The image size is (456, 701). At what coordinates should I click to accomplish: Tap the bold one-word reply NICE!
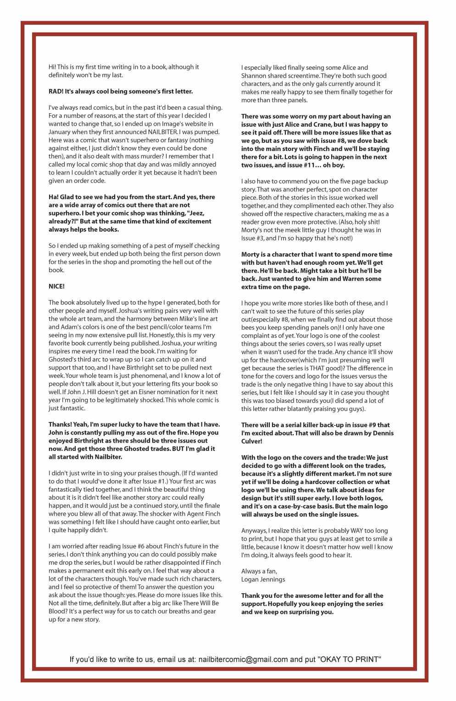[x=56, y=286]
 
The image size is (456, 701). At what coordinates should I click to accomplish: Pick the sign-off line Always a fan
[x=259, y=571]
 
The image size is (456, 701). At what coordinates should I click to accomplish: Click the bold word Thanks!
[x=60, y=424]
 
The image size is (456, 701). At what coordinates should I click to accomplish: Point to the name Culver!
[x=252, y=441]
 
